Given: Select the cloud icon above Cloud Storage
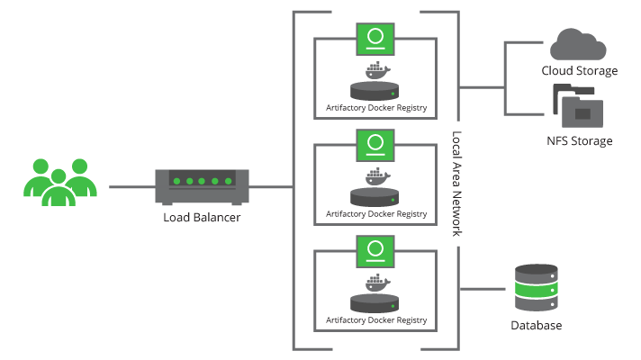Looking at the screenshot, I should point(579,43).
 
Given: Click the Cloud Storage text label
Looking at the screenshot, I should point(580,70).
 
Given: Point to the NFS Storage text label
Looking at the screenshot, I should point(579,141).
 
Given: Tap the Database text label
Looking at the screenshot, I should point(537,325).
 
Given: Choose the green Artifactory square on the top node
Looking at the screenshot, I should point(375,40).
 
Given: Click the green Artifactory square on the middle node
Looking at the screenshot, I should point(375,145).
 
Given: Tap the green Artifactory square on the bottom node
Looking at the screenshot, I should point(375,251).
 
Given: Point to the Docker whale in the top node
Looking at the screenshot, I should point(375,71).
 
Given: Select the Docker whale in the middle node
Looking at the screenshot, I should point(375,176).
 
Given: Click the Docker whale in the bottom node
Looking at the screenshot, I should point(375,283).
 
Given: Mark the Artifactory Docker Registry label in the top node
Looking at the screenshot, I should point(375,109).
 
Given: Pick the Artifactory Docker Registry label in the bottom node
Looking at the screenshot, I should point(375,320).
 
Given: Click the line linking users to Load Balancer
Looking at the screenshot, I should point(131,187).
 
